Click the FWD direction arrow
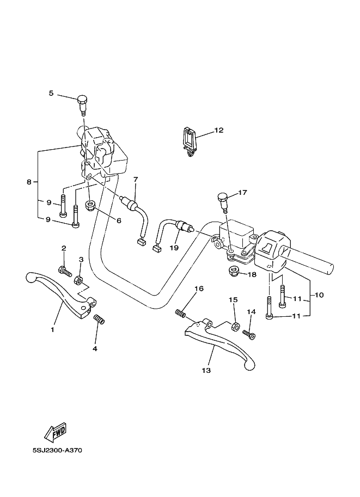(56, 433)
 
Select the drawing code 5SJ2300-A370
(57, 450)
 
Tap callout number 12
(219, 130)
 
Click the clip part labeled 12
(190, 142)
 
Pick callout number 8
(29, 182)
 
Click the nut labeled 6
(91, 206)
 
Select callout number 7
(136, 180)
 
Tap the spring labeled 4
(99, 320)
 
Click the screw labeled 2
(65, 272)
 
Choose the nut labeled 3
(78, 280)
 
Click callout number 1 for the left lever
(52, 330)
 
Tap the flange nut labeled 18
(234, 272)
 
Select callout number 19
(174, 248)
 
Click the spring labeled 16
(181, 314)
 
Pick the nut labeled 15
(234, 327)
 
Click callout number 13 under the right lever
(206, 370)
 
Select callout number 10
(319, 295)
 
